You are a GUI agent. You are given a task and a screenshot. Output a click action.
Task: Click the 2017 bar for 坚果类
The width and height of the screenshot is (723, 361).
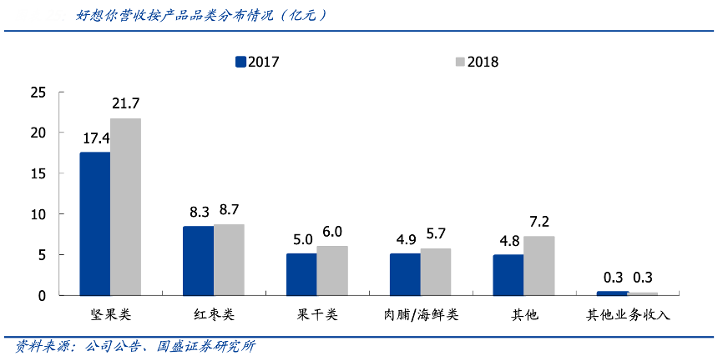click(x=95, y=223)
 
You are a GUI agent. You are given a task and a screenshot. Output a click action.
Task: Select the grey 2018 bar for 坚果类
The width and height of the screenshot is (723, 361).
click(x=126, y=207)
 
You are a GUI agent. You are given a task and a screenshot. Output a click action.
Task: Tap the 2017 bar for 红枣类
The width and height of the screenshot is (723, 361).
click(x=198, y=260)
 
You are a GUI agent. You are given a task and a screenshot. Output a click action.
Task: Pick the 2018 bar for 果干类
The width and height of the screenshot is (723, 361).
click(x=332, y=270)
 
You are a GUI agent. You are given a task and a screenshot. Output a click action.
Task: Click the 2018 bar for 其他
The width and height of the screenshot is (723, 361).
click(x=538, y=265)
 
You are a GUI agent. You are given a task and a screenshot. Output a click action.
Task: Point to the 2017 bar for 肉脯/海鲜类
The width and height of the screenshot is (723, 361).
click(x=405, y=274)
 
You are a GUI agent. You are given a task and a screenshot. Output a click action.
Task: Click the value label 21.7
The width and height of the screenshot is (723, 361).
click(x=126, y=104)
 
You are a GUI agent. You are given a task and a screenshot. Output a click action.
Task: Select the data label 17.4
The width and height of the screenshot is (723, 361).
click(x=95, y=138)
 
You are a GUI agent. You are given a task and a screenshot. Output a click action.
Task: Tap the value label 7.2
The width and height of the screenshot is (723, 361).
click(x=538, y=223)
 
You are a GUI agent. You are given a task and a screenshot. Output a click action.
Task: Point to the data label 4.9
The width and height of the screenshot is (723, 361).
click(x=405, y=239)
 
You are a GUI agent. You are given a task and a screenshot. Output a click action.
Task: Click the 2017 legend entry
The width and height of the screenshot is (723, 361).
click(x=257, y=62)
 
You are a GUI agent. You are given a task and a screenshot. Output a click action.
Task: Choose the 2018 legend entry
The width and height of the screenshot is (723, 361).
click(x=476, y=62)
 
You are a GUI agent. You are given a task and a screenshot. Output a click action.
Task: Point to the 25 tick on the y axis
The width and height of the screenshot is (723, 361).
click(x=37, y=92)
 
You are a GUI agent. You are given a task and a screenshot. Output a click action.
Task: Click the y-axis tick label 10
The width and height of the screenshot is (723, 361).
click(x=37, y=214)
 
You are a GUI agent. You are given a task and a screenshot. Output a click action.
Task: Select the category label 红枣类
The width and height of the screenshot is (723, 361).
click(x=214, y=315)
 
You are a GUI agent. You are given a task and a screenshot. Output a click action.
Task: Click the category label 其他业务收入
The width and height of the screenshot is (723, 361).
click(x=628, y=315)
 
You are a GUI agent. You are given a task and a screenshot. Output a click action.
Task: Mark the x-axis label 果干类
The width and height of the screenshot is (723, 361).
click(x=317, y=315)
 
